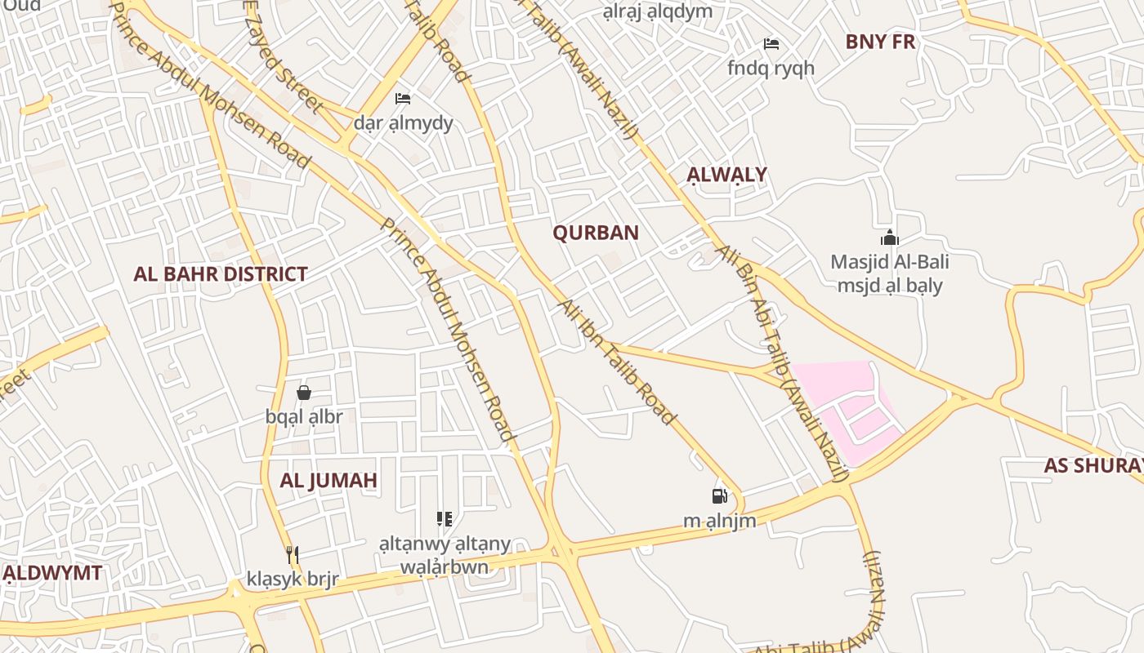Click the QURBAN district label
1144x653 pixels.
coord(596,233)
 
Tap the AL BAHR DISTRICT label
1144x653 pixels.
coord(221,274)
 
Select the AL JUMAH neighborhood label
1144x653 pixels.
coord(328,480)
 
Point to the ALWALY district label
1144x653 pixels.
coord(726,175)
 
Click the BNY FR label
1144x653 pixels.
coord(880,42)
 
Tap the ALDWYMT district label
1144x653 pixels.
coord(54,573)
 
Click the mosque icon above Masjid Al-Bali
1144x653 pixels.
coord(890,238)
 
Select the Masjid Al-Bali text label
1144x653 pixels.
coord(890,263)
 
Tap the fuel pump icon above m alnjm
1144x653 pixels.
coord(719,496)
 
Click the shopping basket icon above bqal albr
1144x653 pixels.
coord(304,393)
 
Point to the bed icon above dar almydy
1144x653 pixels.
coord(403,99)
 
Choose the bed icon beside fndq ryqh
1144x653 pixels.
coord(771,44)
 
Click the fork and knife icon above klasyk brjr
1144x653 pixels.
coord(293,555)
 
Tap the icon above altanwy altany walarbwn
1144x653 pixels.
coord(445,519)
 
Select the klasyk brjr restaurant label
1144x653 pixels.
coord(293,580)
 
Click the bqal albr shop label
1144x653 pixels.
coord(304,416)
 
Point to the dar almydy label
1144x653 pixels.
coord(403,123)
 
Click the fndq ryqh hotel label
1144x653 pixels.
coord(771,68)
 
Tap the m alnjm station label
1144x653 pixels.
coord(719,521)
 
